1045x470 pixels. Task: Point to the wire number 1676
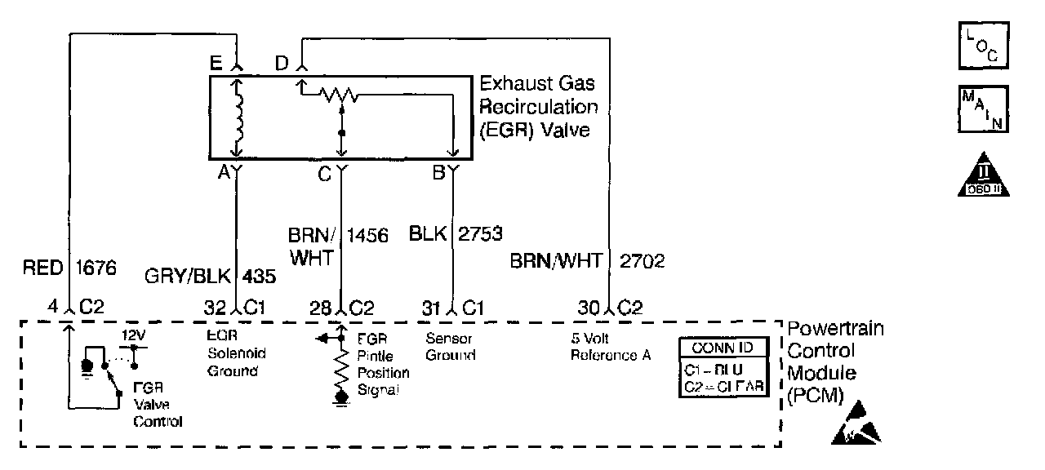96,266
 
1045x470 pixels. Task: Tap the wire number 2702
643,261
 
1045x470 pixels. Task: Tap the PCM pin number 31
432,308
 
